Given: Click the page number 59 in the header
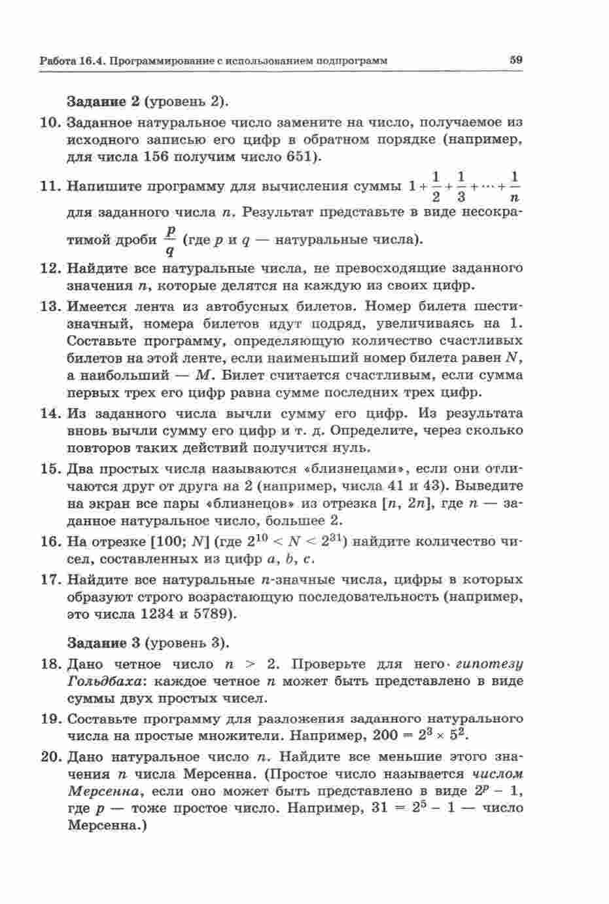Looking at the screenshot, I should click(515, 60).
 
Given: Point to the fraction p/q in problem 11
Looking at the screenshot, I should click(171, 240).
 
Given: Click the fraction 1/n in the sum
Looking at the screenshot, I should click(515, 186).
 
